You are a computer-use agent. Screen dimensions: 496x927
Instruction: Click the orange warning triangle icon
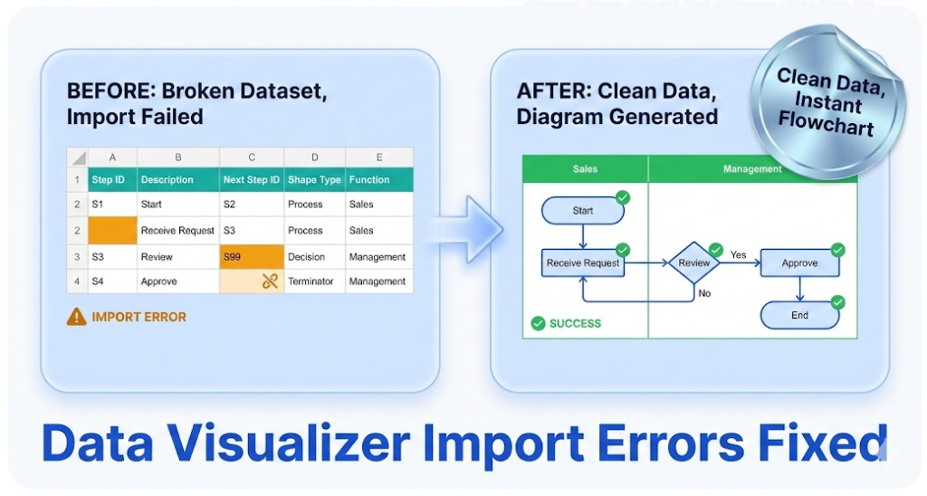click(x=77, y=317)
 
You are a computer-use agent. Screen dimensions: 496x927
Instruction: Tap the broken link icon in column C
click(x=270, y=281)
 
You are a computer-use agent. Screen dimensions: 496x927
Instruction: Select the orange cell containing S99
click(x=251, y=257)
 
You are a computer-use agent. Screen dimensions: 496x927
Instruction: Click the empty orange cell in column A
click(x=112, y=231)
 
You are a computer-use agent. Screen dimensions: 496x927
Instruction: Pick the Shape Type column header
click(x=314, y=179)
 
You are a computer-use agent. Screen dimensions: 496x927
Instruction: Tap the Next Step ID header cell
click(x=251, y=179)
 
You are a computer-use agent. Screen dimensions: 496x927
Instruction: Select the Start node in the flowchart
click(x=583, y=211)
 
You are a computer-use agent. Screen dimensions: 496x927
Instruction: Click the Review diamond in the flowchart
click(x=694, y=263)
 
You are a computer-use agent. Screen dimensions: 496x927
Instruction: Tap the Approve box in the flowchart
click(x=799, y=263)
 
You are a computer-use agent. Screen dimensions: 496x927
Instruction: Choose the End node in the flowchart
click(x=799, y=315)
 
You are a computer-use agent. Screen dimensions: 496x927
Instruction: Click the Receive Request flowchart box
click(x=583, y=263)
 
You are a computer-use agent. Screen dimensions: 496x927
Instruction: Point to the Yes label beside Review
click(x=739, y=255)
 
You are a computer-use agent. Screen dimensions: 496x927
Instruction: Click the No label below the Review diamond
click(x=705, y=293)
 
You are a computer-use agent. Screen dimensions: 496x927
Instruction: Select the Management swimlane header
click(x=752, y=169)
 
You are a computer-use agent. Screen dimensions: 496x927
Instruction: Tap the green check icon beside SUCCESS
click(x=538, y=323)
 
